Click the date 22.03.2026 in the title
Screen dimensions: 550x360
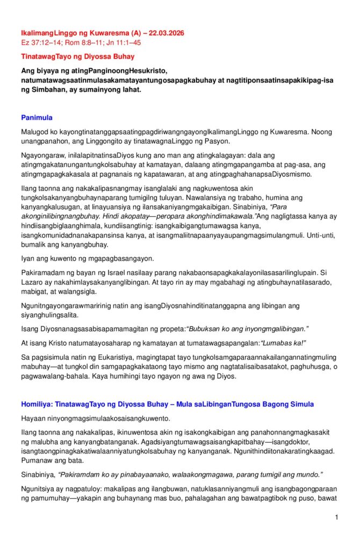pos(164,33)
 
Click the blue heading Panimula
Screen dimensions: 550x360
pos(37,118)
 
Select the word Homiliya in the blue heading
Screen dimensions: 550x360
pos(37,404)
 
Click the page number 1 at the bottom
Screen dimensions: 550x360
pos(336,517)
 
